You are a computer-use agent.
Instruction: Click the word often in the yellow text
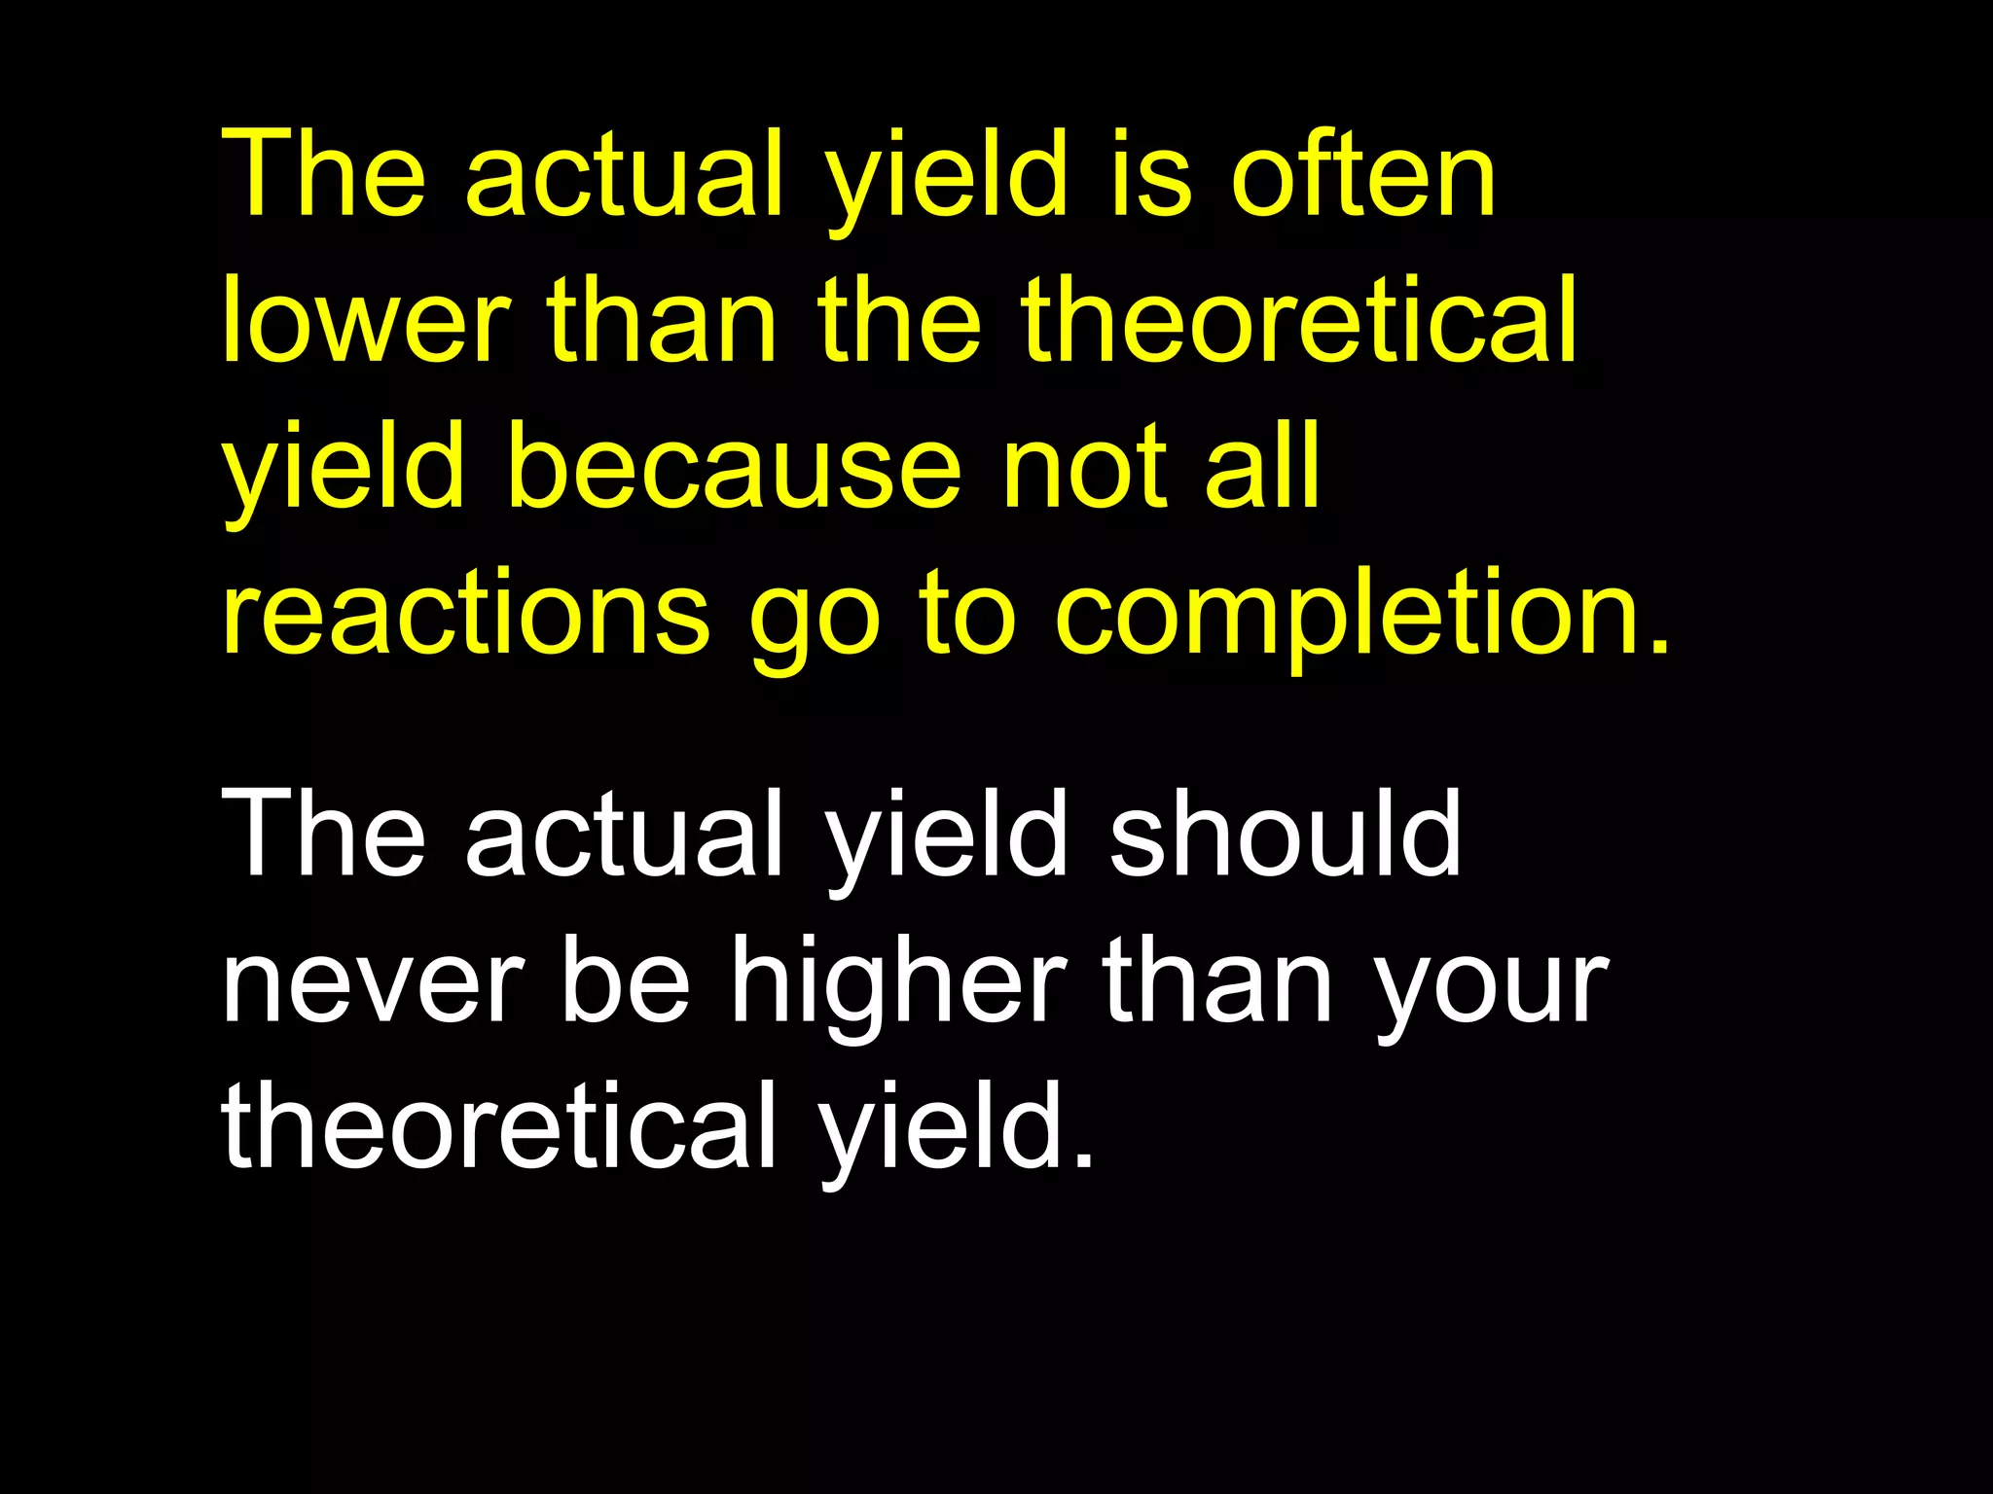click(x=1362, y=175)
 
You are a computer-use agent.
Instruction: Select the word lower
click(x=366, y=321)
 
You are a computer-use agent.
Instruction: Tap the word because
click(x=734, y=467)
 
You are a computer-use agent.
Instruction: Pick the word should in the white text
click(x=1285, y=835)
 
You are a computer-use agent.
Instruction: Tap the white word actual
click(x=623, y=835)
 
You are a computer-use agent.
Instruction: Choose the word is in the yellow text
click(x=1149, y=175)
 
